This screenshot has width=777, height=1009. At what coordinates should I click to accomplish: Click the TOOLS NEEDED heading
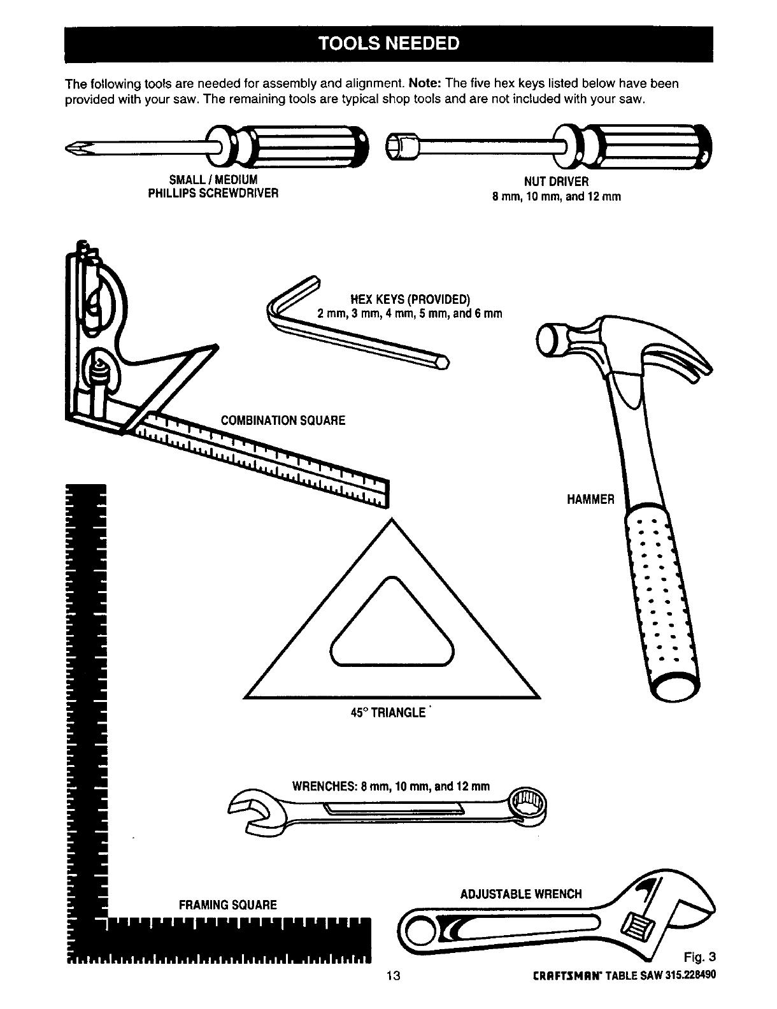tap(388, 43)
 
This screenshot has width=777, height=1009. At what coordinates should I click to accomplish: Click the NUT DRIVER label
tap(556, 182)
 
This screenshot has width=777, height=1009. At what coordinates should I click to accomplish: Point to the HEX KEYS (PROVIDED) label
tap(410, 299)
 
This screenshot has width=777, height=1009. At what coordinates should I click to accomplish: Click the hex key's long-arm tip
tap(445, 363)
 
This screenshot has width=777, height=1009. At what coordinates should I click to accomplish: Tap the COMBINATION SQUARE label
tap(282, 420)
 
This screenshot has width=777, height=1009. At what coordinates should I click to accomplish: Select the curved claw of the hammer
tap(681, 363)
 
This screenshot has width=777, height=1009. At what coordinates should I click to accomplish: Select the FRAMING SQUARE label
tap(227, 905)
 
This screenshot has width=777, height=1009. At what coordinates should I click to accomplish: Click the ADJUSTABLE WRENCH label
tap(520, 894)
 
